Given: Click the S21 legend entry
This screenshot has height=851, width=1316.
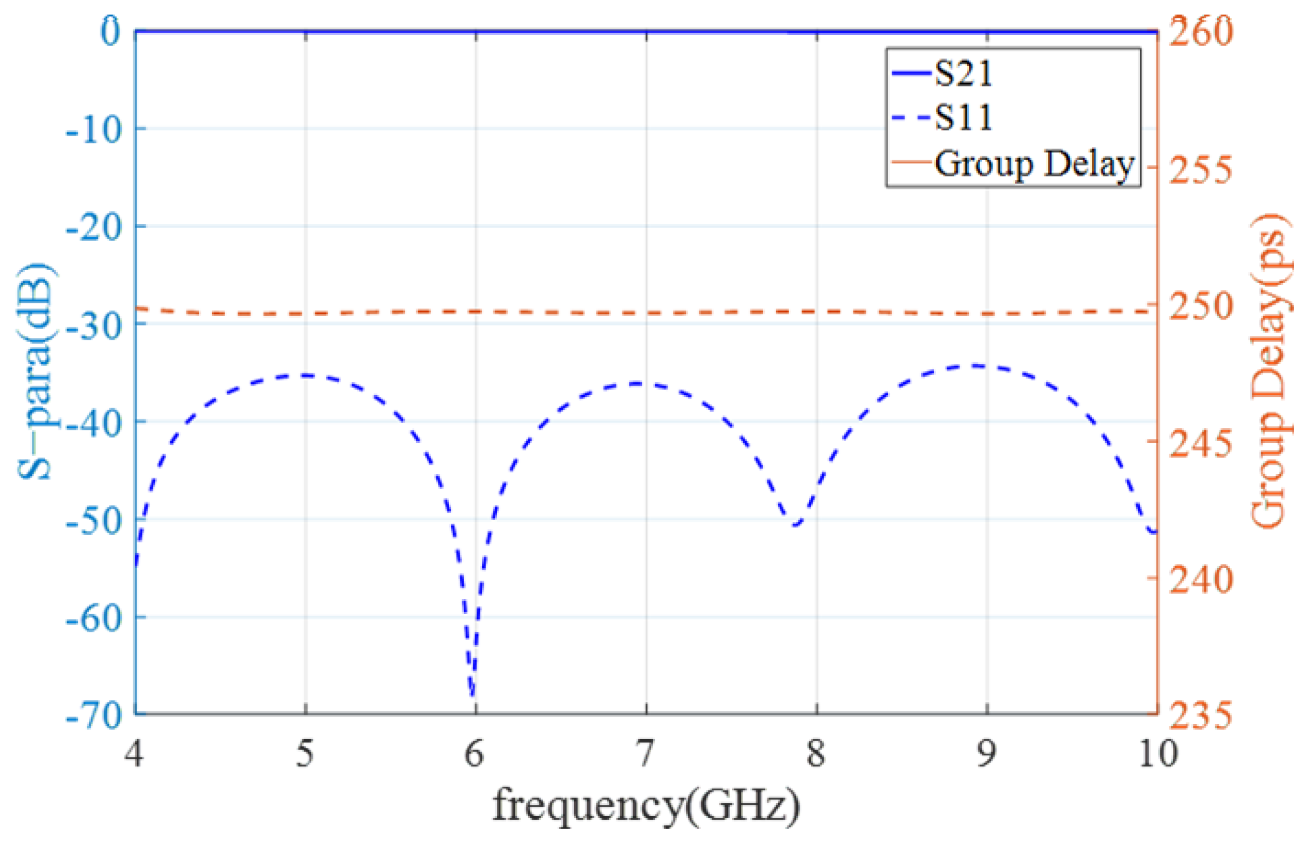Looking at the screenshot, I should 963,74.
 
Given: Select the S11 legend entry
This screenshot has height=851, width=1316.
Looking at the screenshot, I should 963,117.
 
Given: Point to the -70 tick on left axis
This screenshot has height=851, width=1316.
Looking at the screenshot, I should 94,715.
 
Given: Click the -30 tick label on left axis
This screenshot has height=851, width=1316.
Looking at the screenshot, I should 94,324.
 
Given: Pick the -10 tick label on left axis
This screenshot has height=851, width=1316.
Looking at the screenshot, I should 94,128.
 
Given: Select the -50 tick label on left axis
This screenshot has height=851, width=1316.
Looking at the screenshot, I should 94,520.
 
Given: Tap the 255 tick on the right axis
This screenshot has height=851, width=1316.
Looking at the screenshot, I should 1199,169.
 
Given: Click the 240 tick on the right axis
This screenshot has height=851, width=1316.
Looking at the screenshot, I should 1199,579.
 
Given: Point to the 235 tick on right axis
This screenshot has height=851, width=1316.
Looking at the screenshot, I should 1199,715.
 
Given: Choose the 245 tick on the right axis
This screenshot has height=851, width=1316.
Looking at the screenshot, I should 1199,442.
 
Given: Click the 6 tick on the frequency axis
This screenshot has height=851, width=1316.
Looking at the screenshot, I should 475,753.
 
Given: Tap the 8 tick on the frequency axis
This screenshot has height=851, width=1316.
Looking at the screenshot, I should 816,753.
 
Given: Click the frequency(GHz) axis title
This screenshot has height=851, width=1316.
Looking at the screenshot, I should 646,805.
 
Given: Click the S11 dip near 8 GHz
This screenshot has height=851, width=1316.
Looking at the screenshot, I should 796,524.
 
